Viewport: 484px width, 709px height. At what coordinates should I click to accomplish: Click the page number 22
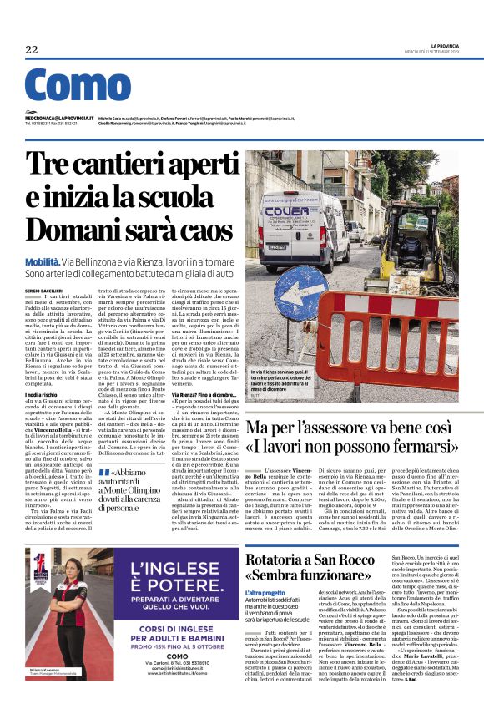point(32,49)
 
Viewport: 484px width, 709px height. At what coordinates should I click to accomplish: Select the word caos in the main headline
point(205,231)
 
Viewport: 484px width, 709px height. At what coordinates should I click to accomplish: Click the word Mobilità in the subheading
point(43,262)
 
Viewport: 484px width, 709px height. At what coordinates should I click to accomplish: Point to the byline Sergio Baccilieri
point(43,289)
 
